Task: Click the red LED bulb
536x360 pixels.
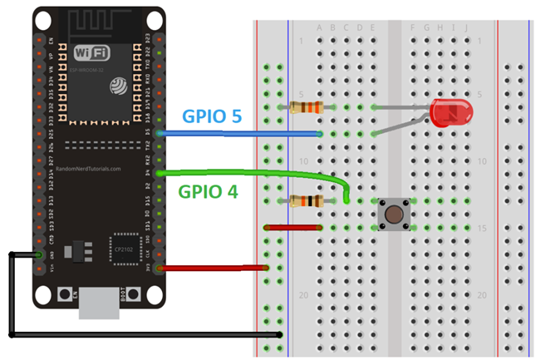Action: (x=450, y=112)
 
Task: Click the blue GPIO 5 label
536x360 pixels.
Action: (x=212, y=116)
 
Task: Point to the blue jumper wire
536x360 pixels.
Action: (x=241, y=133)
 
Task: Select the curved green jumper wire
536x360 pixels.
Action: (x=249, y=173)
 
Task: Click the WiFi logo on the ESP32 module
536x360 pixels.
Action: (x=91, y=54)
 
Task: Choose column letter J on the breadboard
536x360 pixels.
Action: (x=466, y=27)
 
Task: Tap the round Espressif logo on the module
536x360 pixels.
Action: (x=120, y=86)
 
